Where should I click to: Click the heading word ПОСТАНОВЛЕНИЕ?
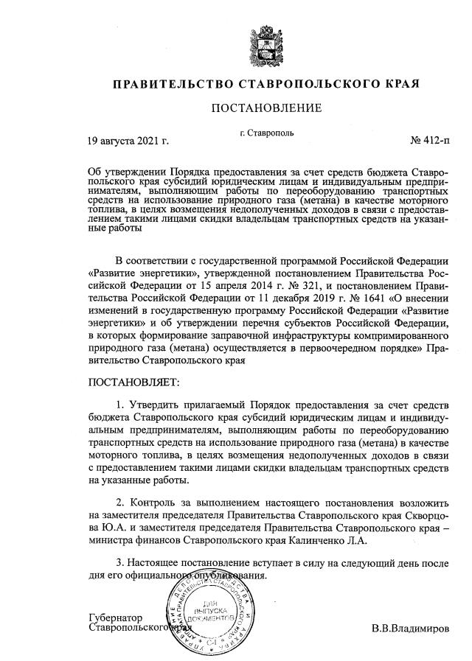click(266, 108)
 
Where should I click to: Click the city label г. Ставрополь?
click(267, 133)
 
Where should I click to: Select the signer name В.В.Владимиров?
click(408, 629)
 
